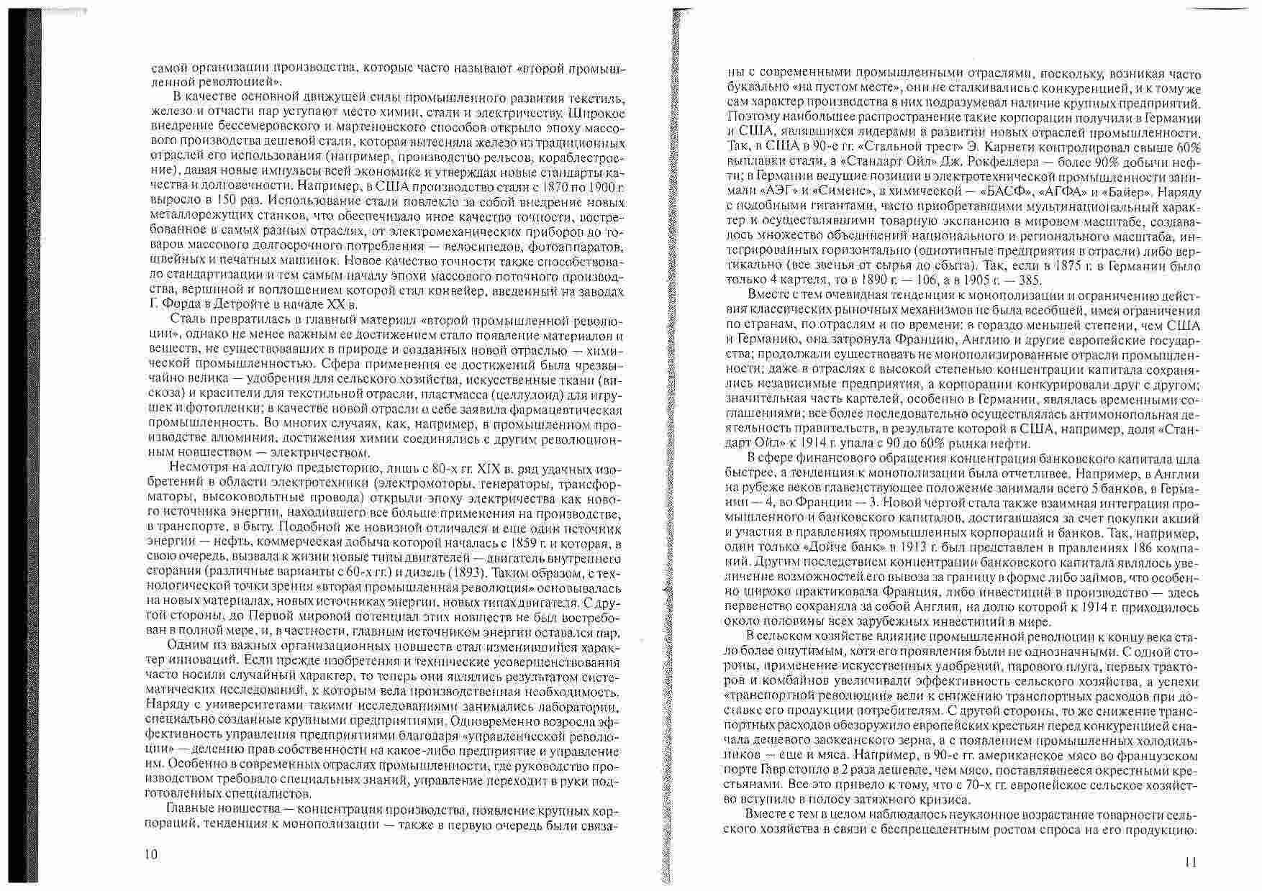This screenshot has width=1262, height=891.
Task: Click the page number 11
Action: pos(1189,862)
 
